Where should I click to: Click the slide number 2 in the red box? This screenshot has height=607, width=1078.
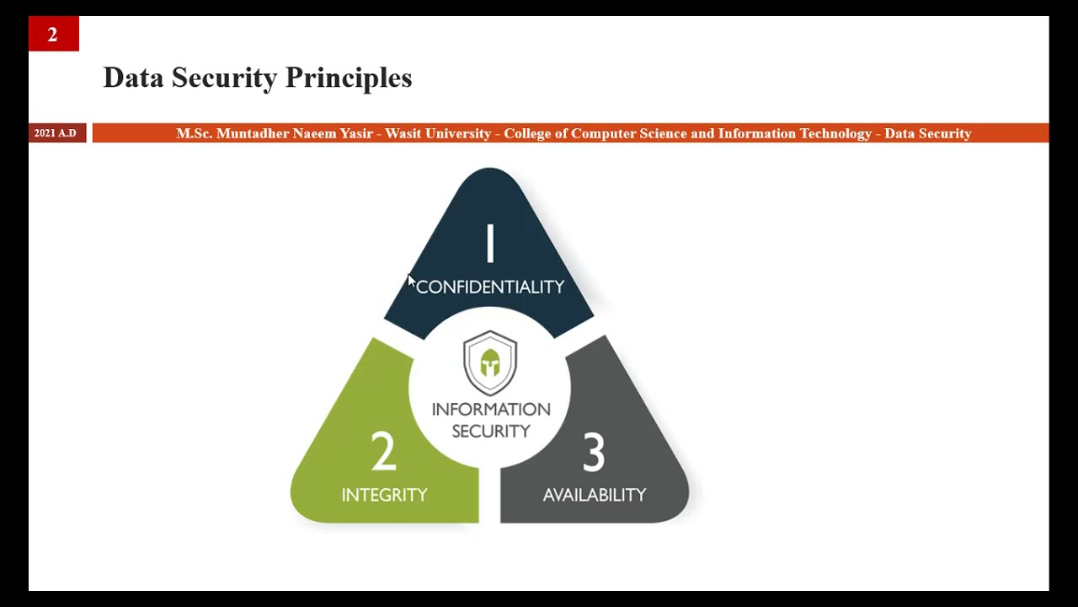click(52, 35)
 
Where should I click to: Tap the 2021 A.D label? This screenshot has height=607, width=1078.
click(56, 133)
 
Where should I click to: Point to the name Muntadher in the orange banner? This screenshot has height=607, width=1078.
click(252, 133)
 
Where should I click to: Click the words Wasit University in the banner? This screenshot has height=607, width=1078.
click(438, 133)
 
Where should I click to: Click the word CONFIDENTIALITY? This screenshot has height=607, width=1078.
click(490, 287)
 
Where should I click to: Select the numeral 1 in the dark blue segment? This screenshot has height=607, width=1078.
click(489, 244)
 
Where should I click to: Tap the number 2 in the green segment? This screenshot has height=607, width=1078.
click(383, 452)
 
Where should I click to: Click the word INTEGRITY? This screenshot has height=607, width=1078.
click(384, 495)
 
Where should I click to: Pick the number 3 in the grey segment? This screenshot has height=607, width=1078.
click(594, 452)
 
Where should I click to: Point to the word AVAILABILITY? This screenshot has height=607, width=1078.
click(595, 495)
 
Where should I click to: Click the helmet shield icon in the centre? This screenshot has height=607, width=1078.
click(490, 363)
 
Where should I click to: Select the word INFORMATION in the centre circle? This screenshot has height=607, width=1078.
click(491, 410)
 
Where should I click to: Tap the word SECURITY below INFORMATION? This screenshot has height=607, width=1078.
click(491, 431)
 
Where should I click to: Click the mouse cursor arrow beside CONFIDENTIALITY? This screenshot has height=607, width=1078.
click(411, 281)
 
